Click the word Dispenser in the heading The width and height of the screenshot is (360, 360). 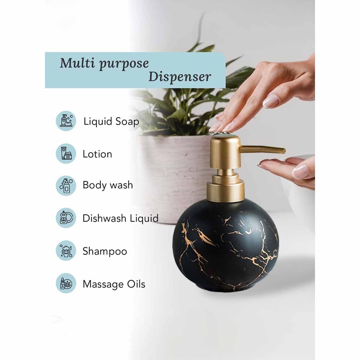pyautogui.click(x=180, y=76)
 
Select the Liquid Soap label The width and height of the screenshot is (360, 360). pyautogui.click(x=111, y=121)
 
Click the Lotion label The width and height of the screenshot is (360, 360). pyautogui.click(x=97, y=154)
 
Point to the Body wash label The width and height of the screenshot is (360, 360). pyautogui.click(x=108, y=185)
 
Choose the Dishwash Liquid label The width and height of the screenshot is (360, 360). pyautogui.click(x=120, y=218)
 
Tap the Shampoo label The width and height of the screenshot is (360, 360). pyautogui.click(x=105, y=251)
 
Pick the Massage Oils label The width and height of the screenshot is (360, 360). pyautogui.click(x=114, y=284)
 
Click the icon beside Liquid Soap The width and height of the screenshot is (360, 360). pyautogui.click(x=66, y=121)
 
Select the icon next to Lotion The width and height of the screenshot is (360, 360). pyautogui.click(x=66, y=153)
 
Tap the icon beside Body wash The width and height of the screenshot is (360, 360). pyautogui.click(x=66, y=185)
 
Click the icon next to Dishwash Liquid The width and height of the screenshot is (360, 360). pyautogui.click(x=66, y=218)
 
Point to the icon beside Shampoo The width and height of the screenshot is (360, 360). pyautogui.click(x=66, y=251)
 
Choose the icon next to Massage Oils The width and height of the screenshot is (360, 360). pyautogui.click(x=66, y=283)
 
